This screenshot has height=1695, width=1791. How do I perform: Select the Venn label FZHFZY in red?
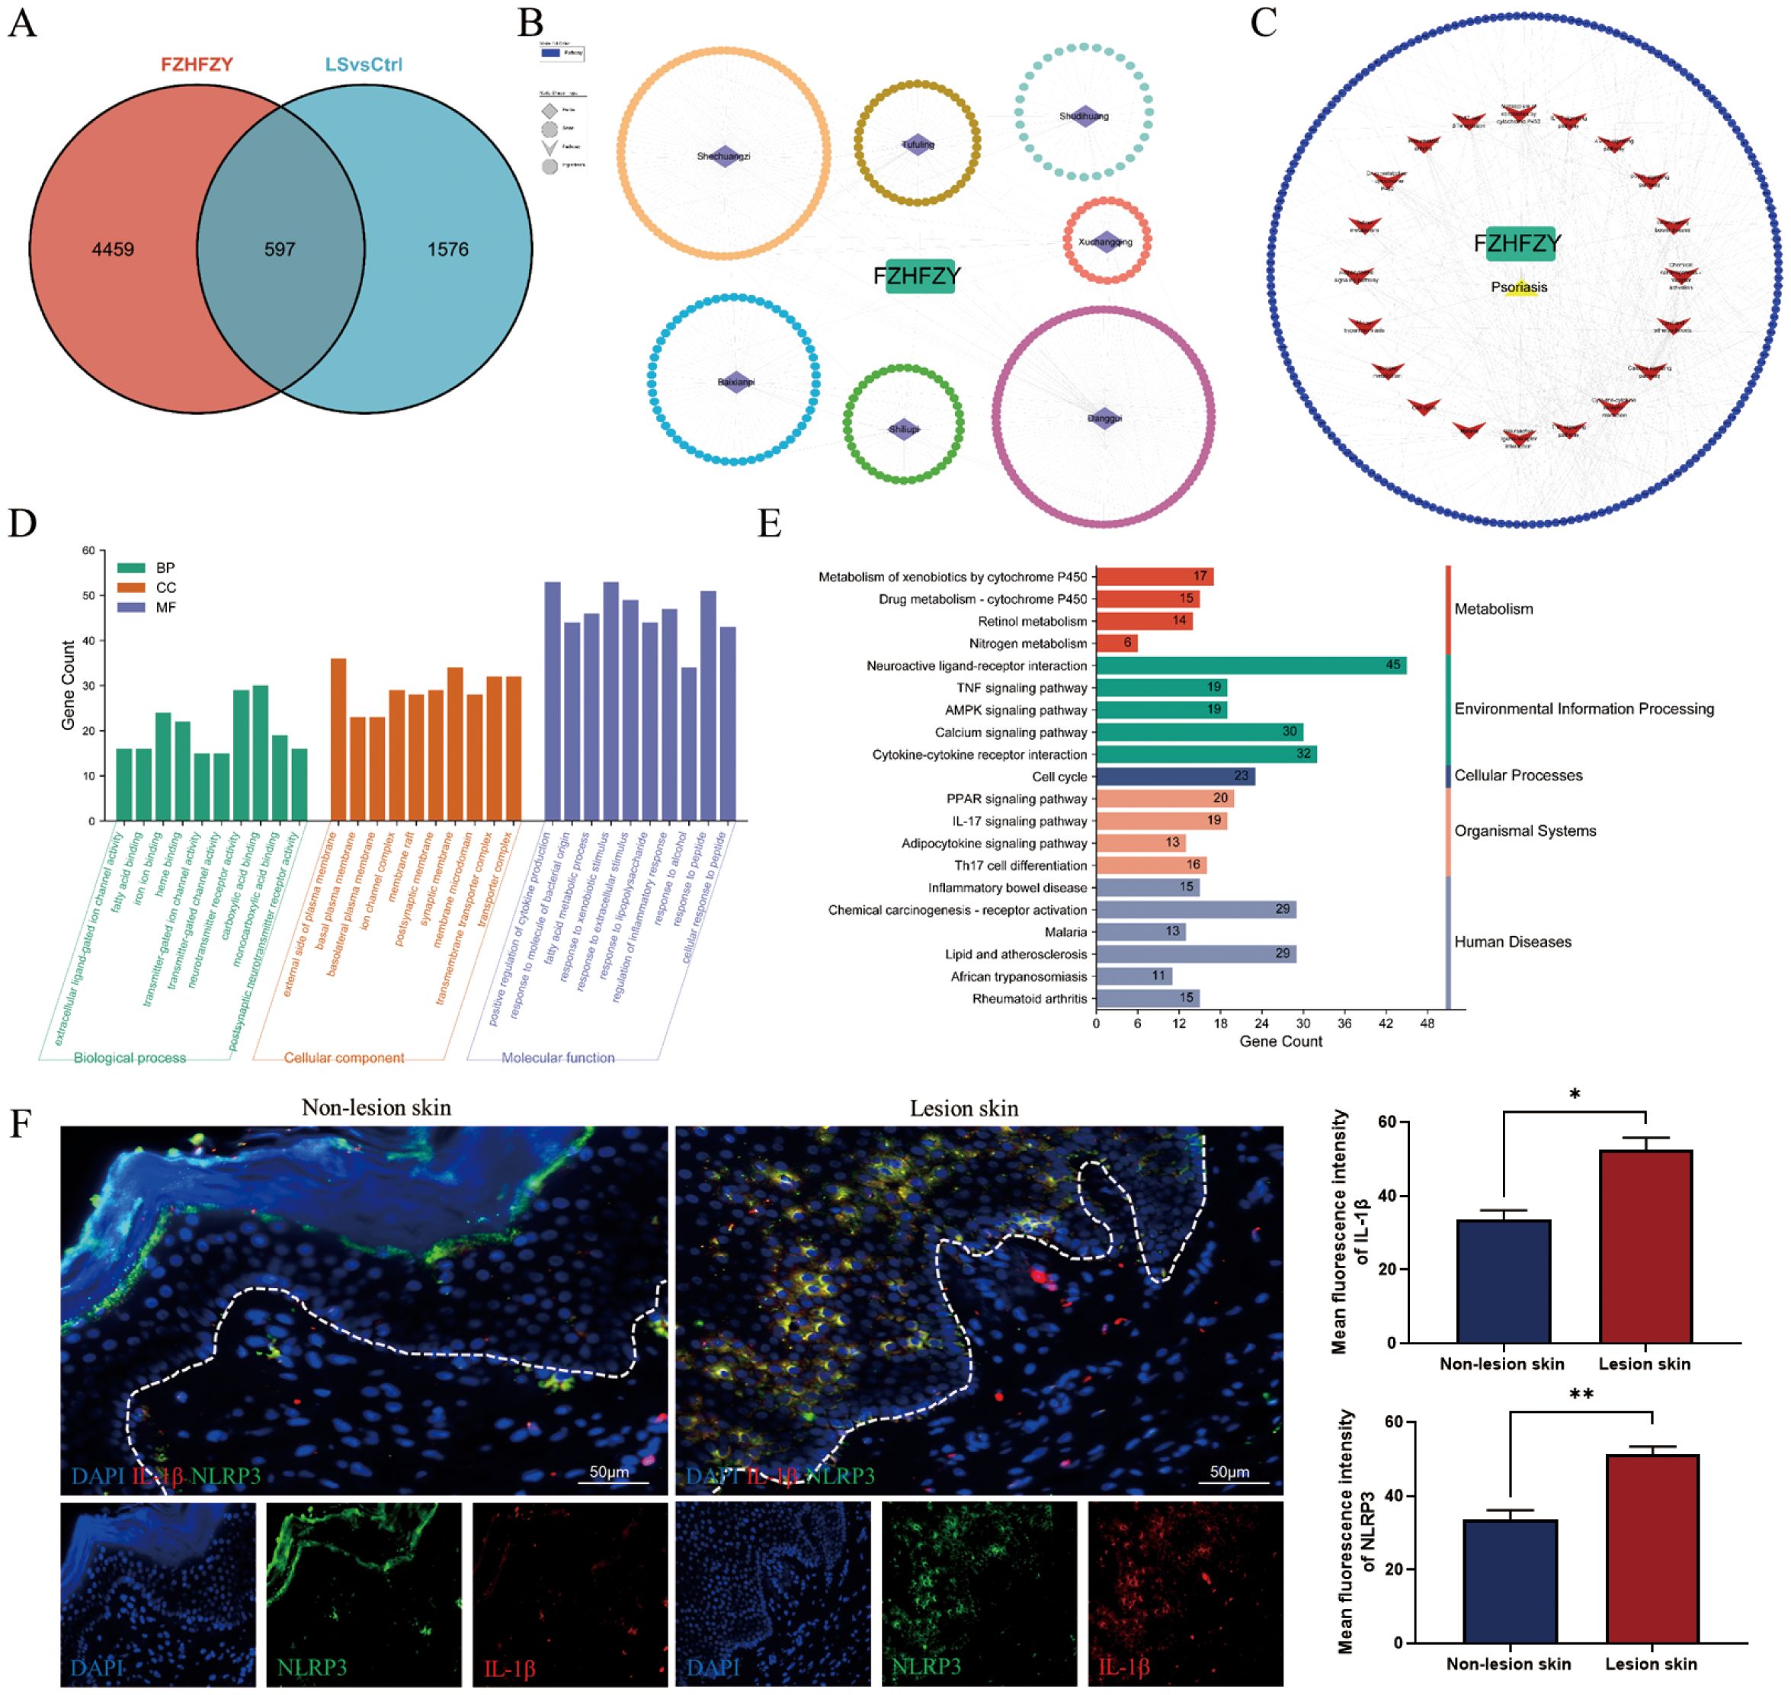pyautogui.click(x=197, y=65)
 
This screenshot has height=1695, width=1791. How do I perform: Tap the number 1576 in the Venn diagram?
pyautogui.click(x=447, y=249)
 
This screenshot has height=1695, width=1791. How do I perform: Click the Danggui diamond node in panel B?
pyautogui.click(x=1104, y=418)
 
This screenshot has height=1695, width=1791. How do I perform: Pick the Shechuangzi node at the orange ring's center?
pyautogui.click(x=723, y=156)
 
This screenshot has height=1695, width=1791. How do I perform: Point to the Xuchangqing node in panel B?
pyautogui.click(x=1105, y=242)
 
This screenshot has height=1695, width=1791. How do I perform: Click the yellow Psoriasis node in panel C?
pyautogui.click(x=1520, y=288)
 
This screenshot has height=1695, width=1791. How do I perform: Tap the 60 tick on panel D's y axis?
pyautogui.click(x=88, y=550)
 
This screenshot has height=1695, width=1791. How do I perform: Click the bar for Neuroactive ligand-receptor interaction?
pyautogui.click(x=1250, y=666)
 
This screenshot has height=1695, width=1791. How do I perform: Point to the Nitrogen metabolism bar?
pyautogui.click(x=1116, y=643)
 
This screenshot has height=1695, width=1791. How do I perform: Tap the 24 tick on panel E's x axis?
pyautogui.click(x=1261, y=1024)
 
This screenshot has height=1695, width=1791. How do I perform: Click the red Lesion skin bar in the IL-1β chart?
pyautogui.click(x=1645, y=1247)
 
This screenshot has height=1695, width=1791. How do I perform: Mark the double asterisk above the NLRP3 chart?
pyautogui.click(x=1581, y=1395)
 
